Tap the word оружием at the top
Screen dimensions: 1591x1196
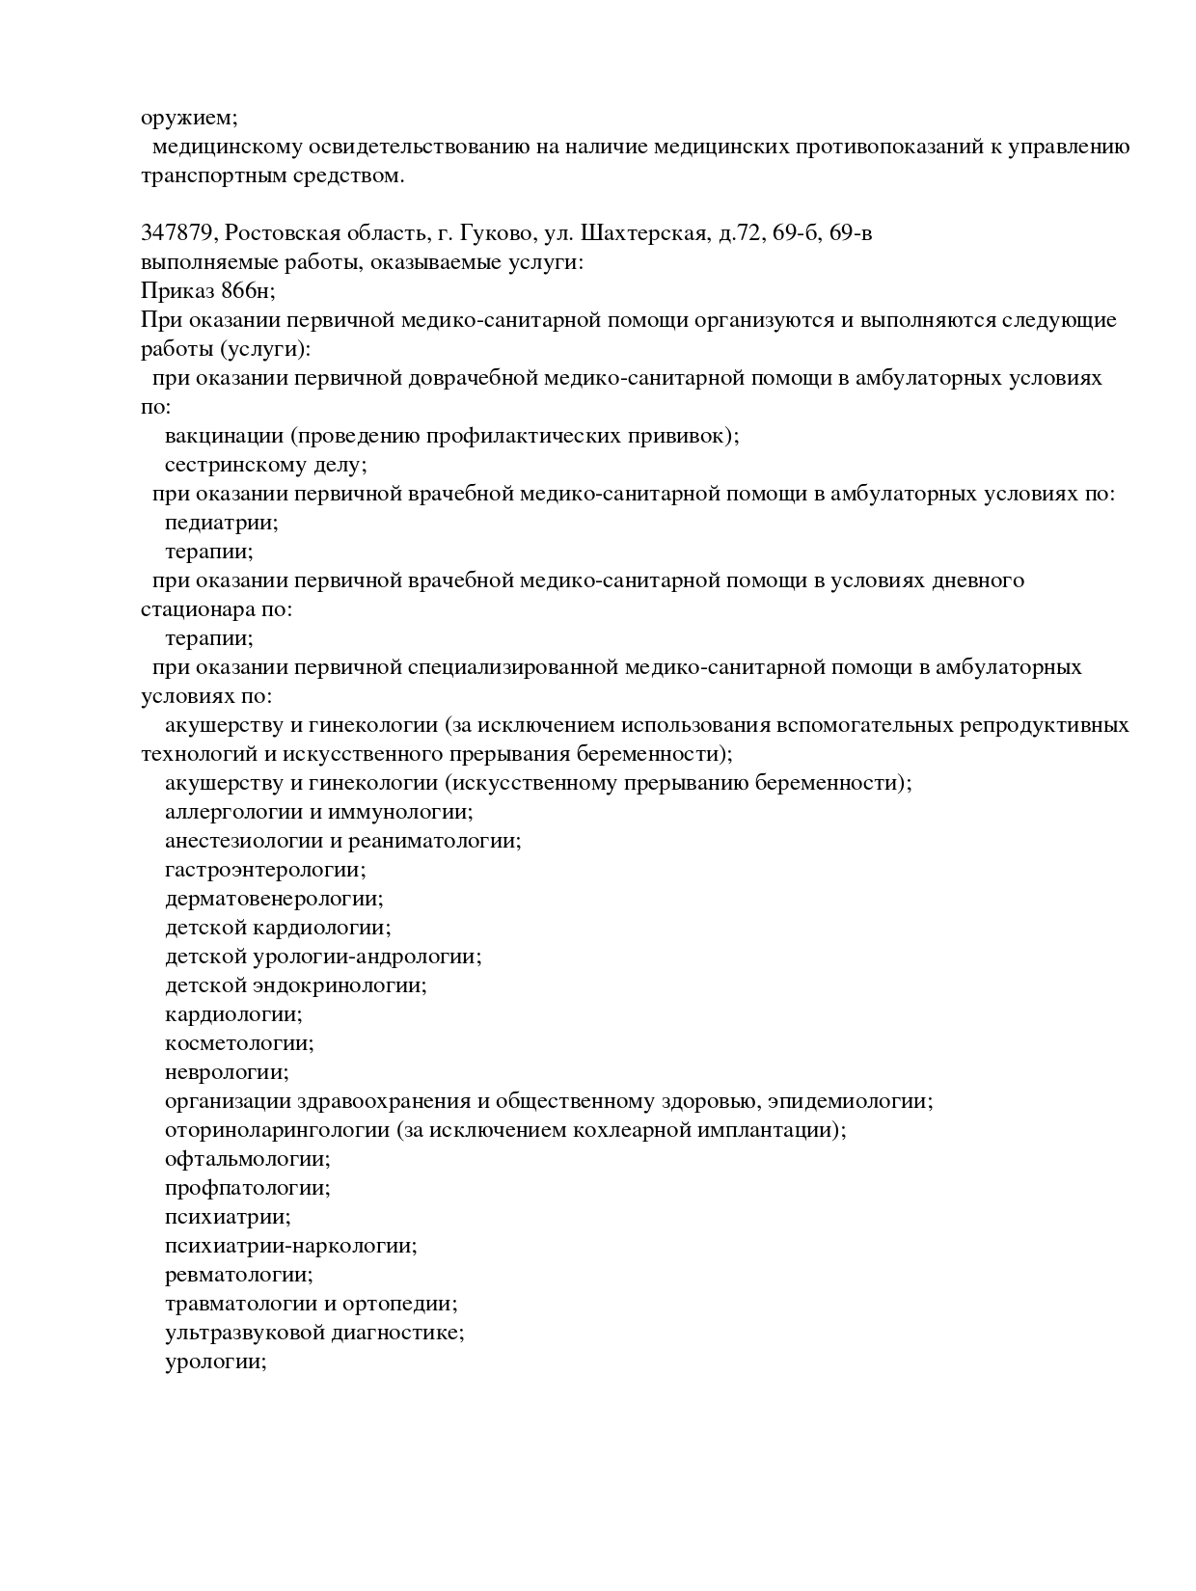pyautogui.click(x=186, y=119)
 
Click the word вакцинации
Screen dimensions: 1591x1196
pyautogui.click(x=225, y=436)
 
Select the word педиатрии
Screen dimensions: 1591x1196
pyautogui.click(x=219, y=523)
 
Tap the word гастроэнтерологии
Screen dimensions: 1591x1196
pyautogui.click(x=262, y=870)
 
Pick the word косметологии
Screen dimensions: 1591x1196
pyautogui.click(x=236, y=1043)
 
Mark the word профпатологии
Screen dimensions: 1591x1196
pyautogui.click(x=245, y=1188)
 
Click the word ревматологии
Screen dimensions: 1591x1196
pyautogui.click(x=236, y=1275)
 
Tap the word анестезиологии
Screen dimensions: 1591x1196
pyautogui.click(x=245, y=841)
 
